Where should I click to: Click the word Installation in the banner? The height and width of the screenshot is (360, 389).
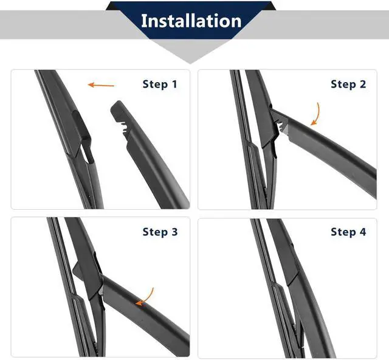coord(191,21)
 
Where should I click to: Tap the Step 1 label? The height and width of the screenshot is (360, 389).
coord(160,84)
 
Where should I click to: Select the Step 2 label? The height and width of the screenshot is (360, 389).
coord(348,84)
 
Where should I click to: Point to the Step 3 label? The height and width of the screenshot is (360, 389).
coord(160,232)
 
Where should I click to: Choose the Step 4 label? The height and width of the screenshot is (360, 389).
coord(348,232)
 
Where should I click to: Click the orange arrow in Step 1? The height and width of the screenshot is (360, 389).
coord(101,85)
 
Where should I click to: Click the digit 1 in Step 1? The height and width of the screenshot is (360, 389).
coord(174,84)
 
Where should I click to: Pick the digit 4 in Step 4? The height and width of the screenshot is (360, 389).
coord(363,232)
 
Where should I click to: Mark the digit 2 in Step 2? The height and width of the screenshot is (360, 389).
coord(363,84)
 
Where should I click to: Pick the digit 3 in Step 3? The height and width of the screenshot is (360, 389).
coord(174,232)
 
